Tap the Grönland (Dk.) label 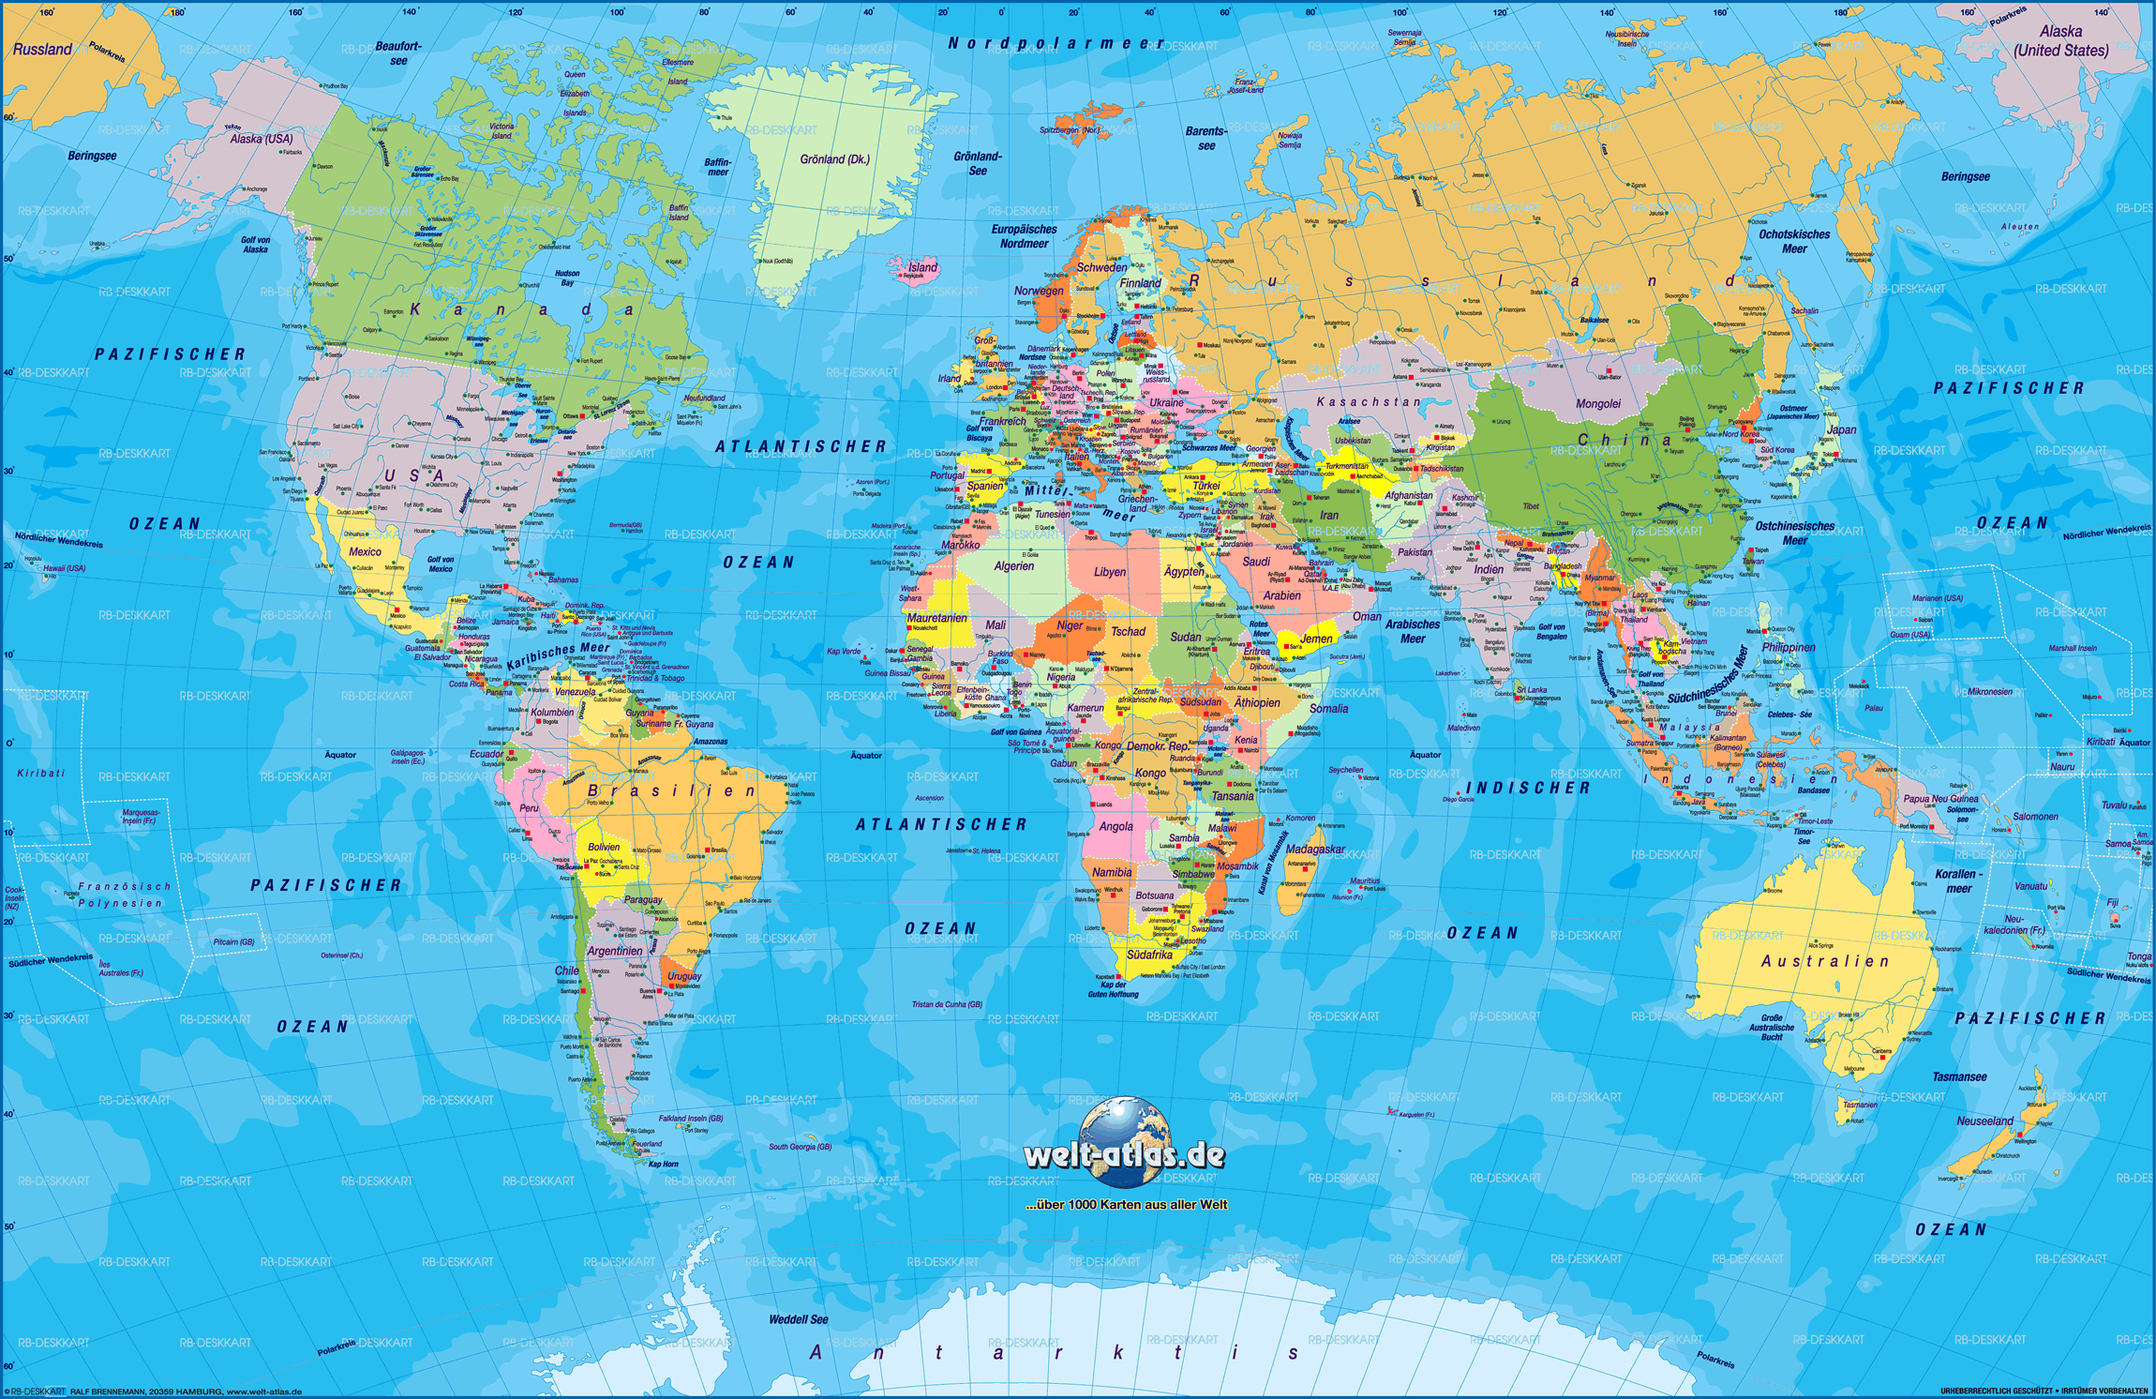click(x=834, y=159)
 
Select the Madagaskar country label click(x=1314, y=850)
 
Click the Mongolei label click(x=1597, y=404)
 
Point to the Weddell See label click(x=799, y=1319)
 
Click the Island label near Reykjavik click(x=921, y=267)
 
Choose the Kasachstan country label click(x=1368, y=402)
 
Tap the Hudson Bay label click(x=567, y=278)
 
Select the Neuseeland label click(x=1984, y=1121)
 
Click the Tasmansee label click(x=1958, y=1077)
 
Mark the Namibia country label click(x=1111, y=872)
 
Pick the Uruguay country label click(x=684, y=976)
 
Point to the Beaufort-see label click(x=398, y=53)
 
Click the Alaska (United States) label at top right click(x=2060, y=41)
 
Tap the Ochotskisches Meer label click(x=1793, y=242)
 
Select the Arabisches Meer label click(x=1412, y=631)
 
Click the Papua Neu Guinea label click(x=1940, y=800)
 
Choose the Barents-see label click(x=1205, y=139)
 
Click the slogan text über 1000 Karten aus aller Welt click(x=1126, y=1205)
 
